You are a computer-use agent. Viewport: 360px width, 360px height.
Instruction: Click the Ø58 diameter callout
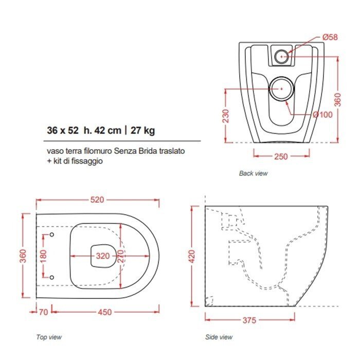pyautogui.click(x=330, y=37)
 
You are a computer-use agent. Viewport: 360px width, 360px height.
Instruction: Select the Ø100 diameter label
pyautogui.click(x=322, y=114)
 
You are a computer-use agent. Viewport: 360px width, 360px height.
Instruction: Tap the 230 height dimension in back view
pyautogui.click(x=226, y=116)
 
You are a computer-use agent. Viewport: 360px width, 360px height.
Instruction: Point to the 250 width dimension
pyautogui.click(x=281, y=156)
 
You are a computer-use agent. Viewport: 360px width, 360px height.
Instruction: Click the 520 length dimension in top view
pyautogui.click(x=97, y=200)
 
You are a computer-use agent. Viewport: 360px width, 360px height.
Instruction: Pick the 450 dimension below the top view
pyautogui.click(x=105, y=312)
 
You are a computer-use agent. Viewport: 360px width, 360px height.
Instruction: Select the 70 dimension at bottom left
pyautogui.click(x=43, y=312)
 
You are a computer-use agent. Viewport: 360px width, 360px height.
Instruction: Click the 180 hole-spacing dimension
pyautogui.click(x=43, y=256)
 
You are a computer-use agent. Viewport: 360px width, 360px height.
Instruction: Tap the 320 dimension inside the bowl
pyautogui.click(x=103, y=256)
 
